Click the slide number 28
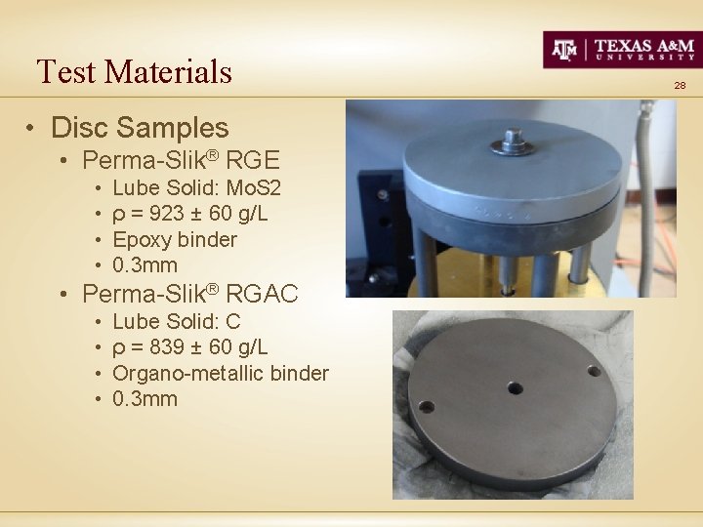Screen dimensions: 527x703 click(681, 86)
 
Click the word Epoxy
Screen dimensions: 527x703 click(143, 239)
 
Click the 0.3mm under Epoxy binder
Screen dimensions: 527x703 click(145, 265)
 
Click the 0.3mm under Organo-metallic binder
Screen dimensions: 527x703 click(145, 398)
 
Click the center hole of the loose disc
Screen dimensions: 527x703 click(514, 388)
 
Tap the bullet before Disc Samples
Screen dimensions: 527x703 click(32, 129)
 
